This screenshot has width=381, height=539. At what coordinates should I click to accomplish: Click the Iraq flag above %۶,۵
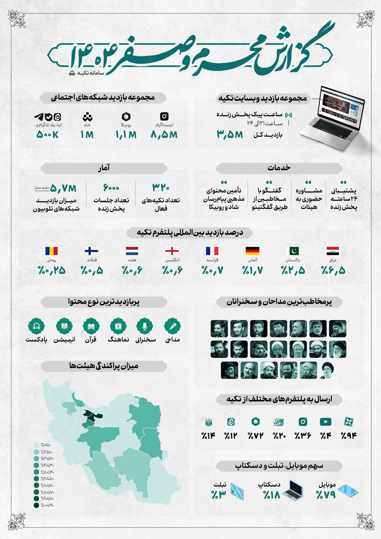click(336, 251)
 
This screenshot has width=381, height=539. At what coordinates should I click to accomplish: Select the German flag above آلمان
click(253, 251)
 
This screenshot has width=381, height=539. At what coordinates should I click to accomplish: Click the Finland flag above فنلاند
click(92, 251)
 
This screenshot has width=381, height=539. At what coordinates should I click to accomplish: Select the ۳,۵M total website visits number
click(230, 135)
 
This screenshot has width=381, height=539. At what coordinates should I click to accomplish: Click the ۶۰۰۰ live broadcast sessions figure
click(111, 187)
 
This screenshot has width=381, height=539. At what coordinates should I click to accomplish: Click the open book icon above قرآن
click(91, 326)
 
